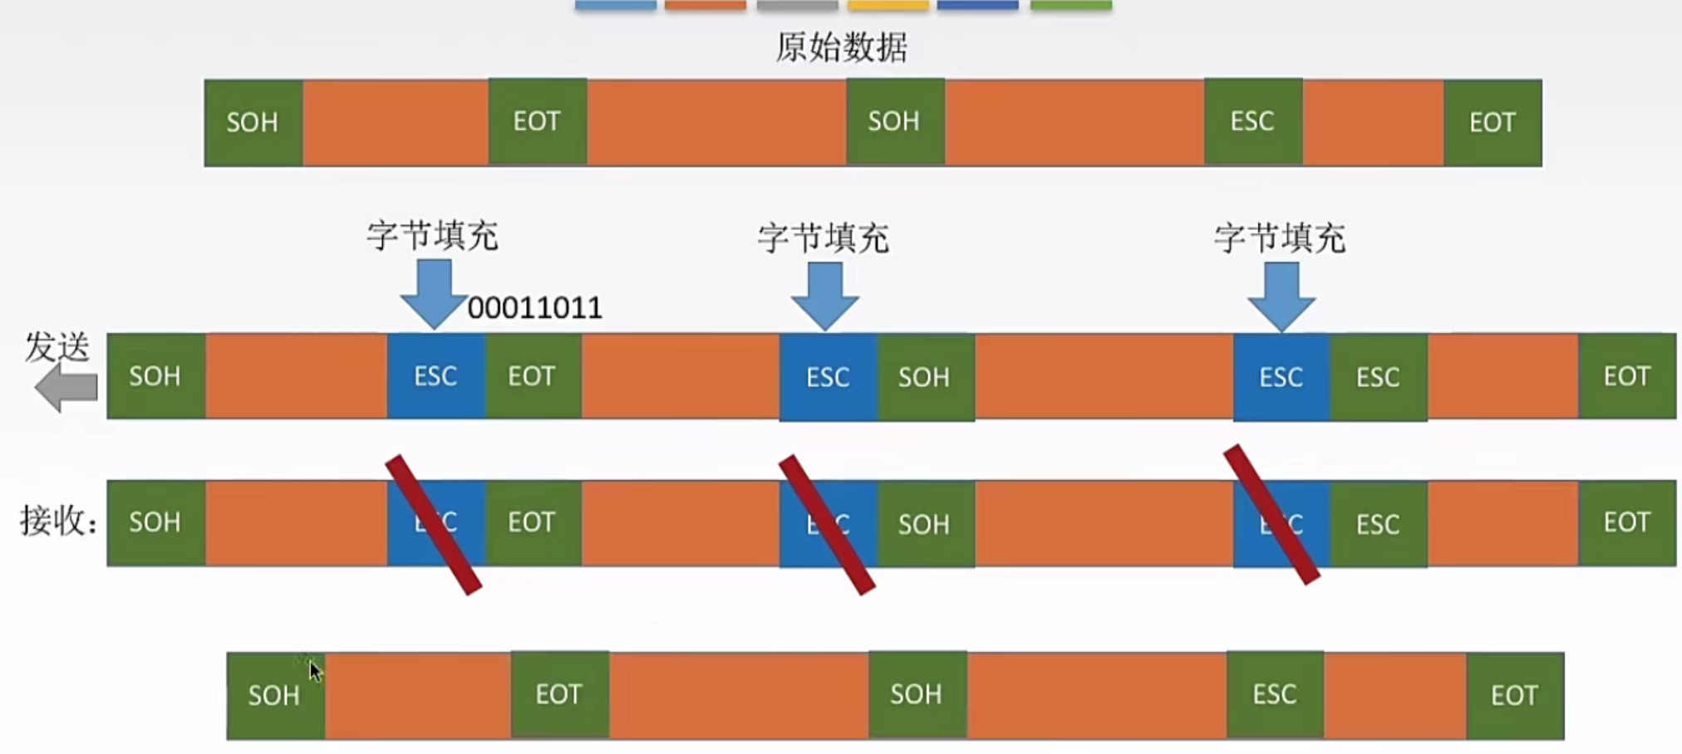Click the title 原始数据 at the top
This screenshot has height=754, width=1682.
(x=841, y=47)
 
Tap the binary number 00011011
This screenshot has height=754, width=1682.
(x=534, y=308)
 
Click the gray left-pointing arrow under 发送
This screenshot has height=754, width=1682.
(x=66, y=388)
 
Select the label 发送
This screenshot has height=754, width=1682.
(x=57, y=347)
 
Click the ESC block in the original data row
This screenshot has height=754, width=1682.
(x=1252, y=122)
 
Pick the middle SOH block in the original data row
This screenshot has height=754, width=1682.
(x=894, y=122)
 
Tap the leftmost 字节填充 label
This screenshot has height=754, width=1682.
(x=432, y=236)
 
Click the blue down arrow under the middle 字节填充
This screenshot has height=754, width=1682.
(x=824, y=295)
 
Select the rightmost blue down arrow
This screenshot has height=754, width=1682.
(x=1281, y=295)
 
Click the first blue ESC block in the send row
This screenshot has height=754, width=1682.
(x=435, y=376)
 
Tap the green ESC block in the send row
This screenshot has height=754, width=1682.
(x=1378, y=378)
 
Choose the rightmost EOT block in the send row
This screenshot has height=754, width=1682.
(x=1626, y=376)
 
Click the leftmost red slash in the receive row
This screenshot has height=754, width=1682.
(x=434, y=525)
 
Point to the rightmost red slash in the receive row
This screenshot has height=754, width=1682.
(x=1271, y=515)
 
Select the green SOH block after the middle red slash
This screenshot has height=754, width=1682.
(x=924, y=524)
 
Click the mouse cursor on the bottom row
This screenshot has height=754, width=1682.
(x=315, y=671)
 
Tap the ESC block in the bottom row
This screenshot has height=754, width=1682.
(x=1275, y=694)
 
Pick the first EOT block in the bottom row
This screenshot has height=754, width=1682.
(x=558, y=694)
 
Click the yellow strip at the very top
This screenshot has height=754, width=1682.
(x=888, y=6)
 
